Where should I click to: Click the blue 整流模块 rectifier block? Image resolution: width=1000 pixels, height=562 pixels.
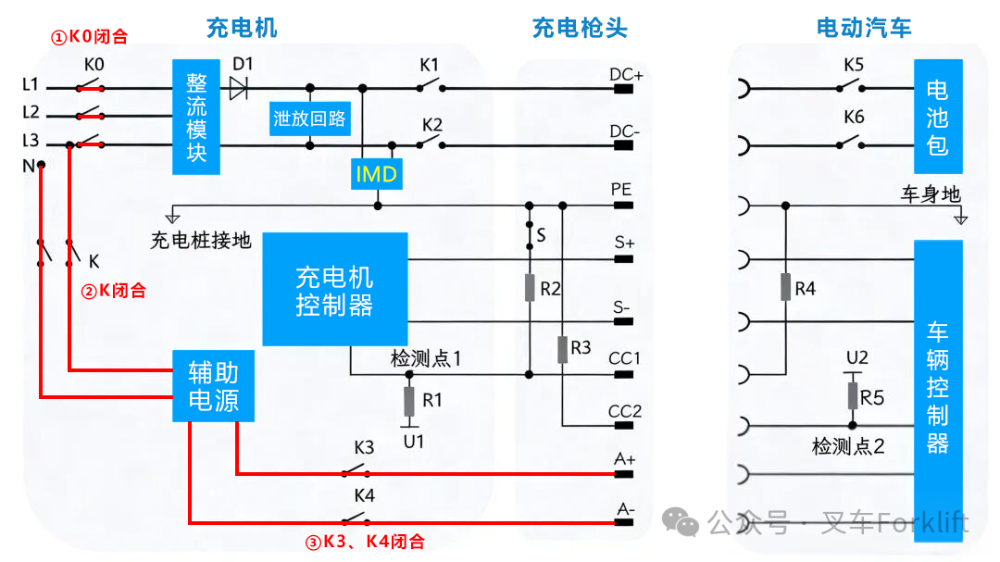coord(196,116)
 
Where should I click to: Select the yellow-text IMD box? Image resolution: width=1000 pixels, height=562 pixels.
coord(376,173)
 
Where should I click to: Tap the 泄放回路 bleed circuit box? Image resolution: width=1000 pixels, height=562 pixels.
coord(309,119)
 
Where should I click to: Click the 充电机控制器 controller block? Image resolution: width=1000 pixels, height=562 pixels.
coord(334,290)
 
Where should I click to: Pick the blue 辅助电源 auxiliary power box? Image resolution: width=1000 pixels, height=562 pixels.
coord(213,386)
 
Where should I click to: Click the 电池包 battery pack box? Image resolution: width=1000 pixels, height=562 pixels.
coord(937,117)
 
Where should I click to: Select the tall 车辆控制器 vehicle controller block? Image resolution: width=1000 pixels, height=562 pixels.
coord(937,386)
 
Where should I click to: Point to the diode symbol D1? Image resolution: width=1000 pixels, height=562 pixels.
coord(238,89)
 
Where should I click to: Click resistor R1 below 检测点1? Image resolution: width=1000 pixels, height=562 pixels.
coord(408,402)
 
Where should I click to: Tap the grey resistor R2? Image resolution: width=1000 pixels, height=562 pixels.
coord(530,288)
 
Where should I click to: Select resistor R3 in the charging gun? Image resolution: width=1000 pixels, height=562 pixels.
coord(562,349)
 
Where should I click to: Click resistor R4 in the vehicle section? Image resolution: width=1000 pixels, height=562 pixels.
coord(785,288)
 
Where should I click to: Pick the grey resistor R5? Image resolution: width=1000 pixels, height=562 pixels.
coord(853,396)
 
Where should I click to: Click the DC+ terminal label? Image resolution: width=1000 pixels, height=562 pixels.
coord(626,74)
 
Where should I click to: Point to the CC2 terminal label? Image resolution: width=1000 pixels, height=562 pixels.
coord(624,411)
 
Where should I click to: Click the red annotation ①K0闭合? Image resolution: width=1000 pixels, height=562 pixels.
coord(88,38)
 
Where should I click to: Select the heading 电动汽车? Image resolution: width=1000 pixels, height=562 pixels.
coord(863,29)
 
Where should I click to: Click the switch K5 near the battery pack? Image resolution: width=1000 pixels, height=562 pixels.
coord(853,87)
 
